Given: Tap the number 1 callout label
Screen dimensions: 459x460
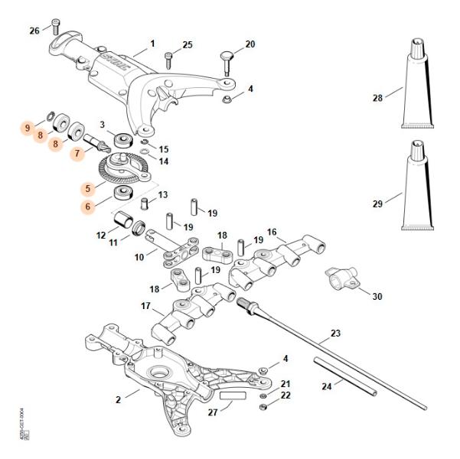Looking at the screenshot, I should tap(152, 44).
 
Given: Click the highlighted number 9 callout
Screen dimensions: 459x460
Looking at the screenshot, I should tap(28, 128).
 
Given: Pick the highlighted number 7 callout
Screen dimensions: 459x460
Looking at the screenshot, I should tap(77, 153).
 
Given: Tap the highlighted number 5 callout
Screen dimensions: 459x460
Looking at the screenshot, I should tap(89, 187).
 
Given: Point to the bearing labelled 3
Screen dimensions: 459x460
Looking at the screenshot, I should tap(122, 141).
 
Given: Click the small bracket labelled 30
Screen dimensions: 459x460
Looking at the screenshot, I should tap(340, 278).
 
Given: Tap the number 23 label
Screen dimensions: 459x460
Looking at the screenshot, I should tap(335, 334).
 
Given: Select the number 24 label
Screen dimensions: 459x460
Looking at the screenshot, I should tap(327, 386).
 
